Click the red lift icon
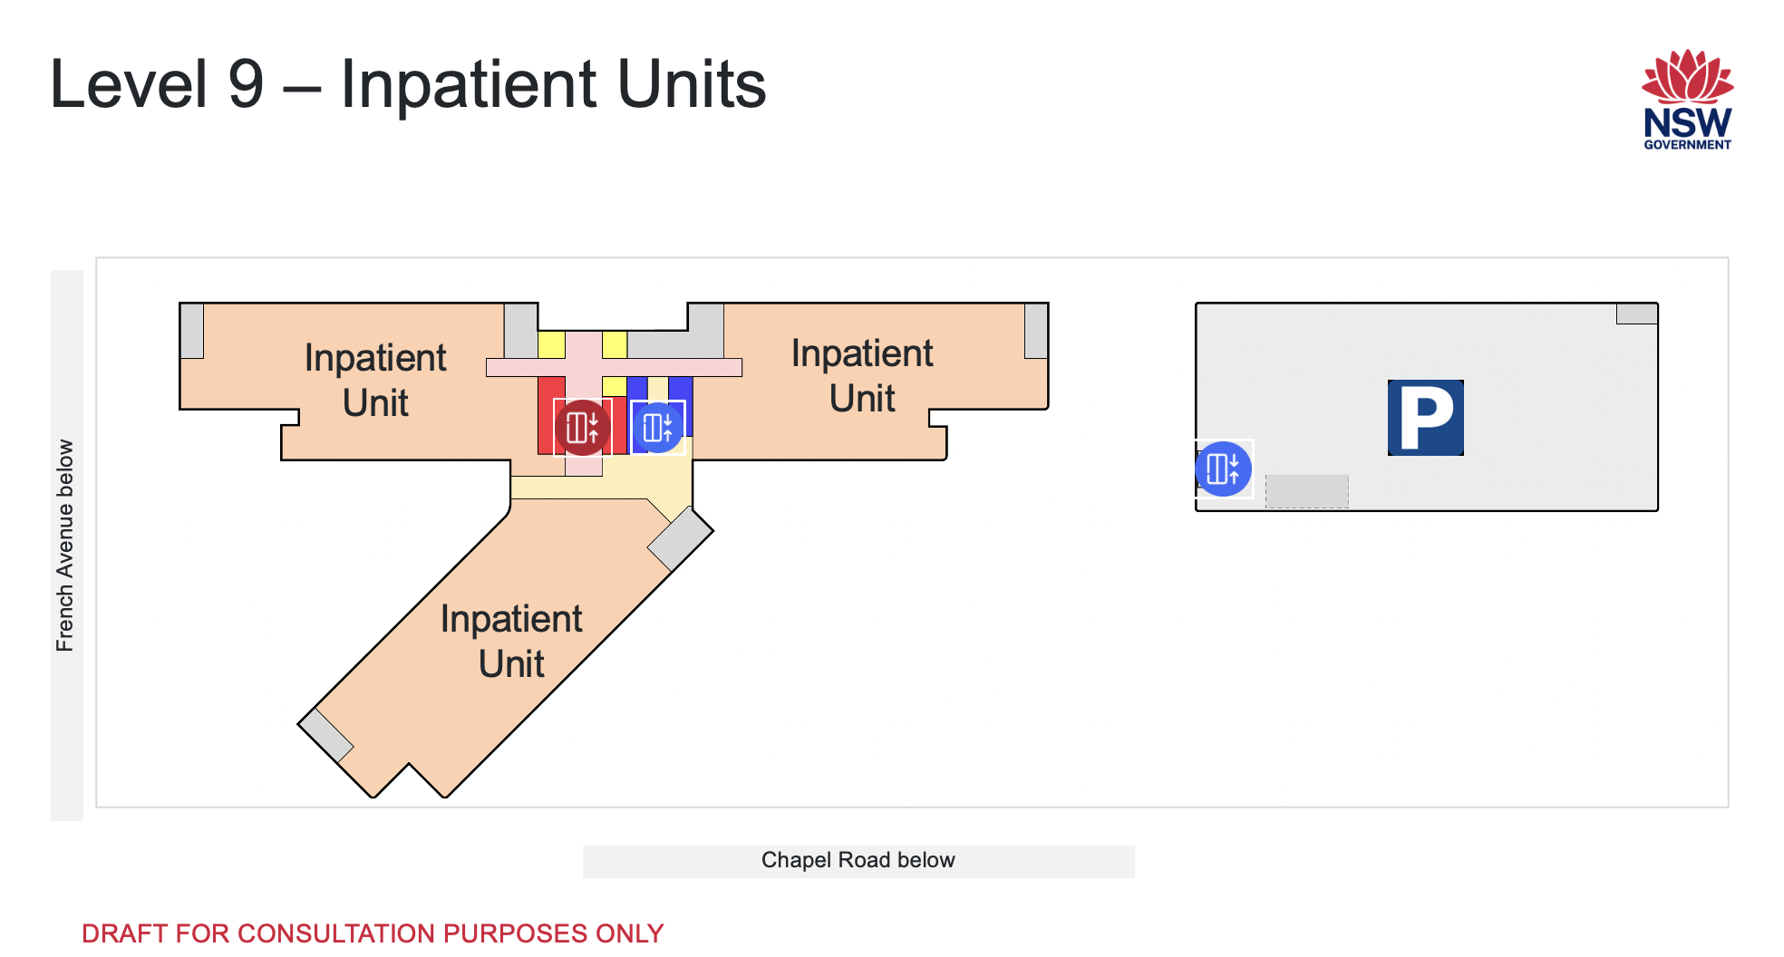click(582, 427)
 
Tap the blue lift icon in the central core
click(657, 427)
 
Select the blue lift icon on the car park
click(1223, 469)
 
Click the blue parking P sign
click(1425, 417)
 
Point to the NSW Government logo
click(1687, 100)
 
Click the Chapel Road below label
click(858, 860)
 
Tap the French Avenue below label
click(65, 545)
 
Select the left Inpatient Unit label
click(375, 381)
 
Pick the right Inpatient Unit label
click(862, 376)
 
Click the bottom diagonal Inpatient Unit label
click(511, 642)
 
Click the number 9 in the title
click(246, 84)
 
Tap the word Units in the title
click(692, 84)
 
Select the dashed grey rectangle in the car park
click(1306, 491)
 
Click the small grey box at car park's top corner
click(1636, 314)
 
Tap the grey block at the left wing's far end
click(191, 331)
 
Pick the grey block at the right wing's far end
click(1036, 331)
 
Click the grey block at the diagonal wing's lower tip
click(326, 735)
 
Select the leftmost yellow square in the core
click(551, 344)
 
